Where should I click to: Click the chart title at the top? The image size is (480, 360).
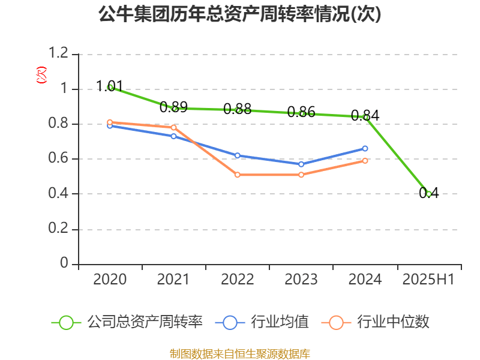240,14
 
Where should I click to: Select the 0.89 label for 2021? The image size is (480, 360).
174,107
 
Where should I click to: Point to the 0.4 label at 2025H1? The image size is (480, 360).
429,193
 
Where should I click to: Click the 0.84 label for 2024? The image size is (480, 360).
365,115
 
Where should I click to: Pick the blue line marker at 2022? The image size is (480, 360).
238,155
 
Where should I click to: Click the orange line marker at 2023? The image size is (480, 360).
301,175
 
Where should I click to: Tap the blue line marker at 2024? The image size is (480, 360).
365,148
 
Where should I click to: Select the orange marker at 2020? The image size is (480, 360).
110,122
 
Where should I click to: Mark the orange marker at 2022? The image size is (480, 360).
238,175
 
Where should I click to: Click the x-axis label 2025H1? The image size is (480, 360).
428,280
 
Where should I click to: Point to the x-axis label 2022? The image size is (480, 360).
238,280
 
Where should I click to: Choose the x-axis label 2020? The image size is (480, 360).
110,280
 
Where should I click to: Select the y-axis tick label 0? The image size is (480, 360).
65,264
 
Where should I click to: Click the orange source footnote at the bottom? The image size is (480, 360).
240,353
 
